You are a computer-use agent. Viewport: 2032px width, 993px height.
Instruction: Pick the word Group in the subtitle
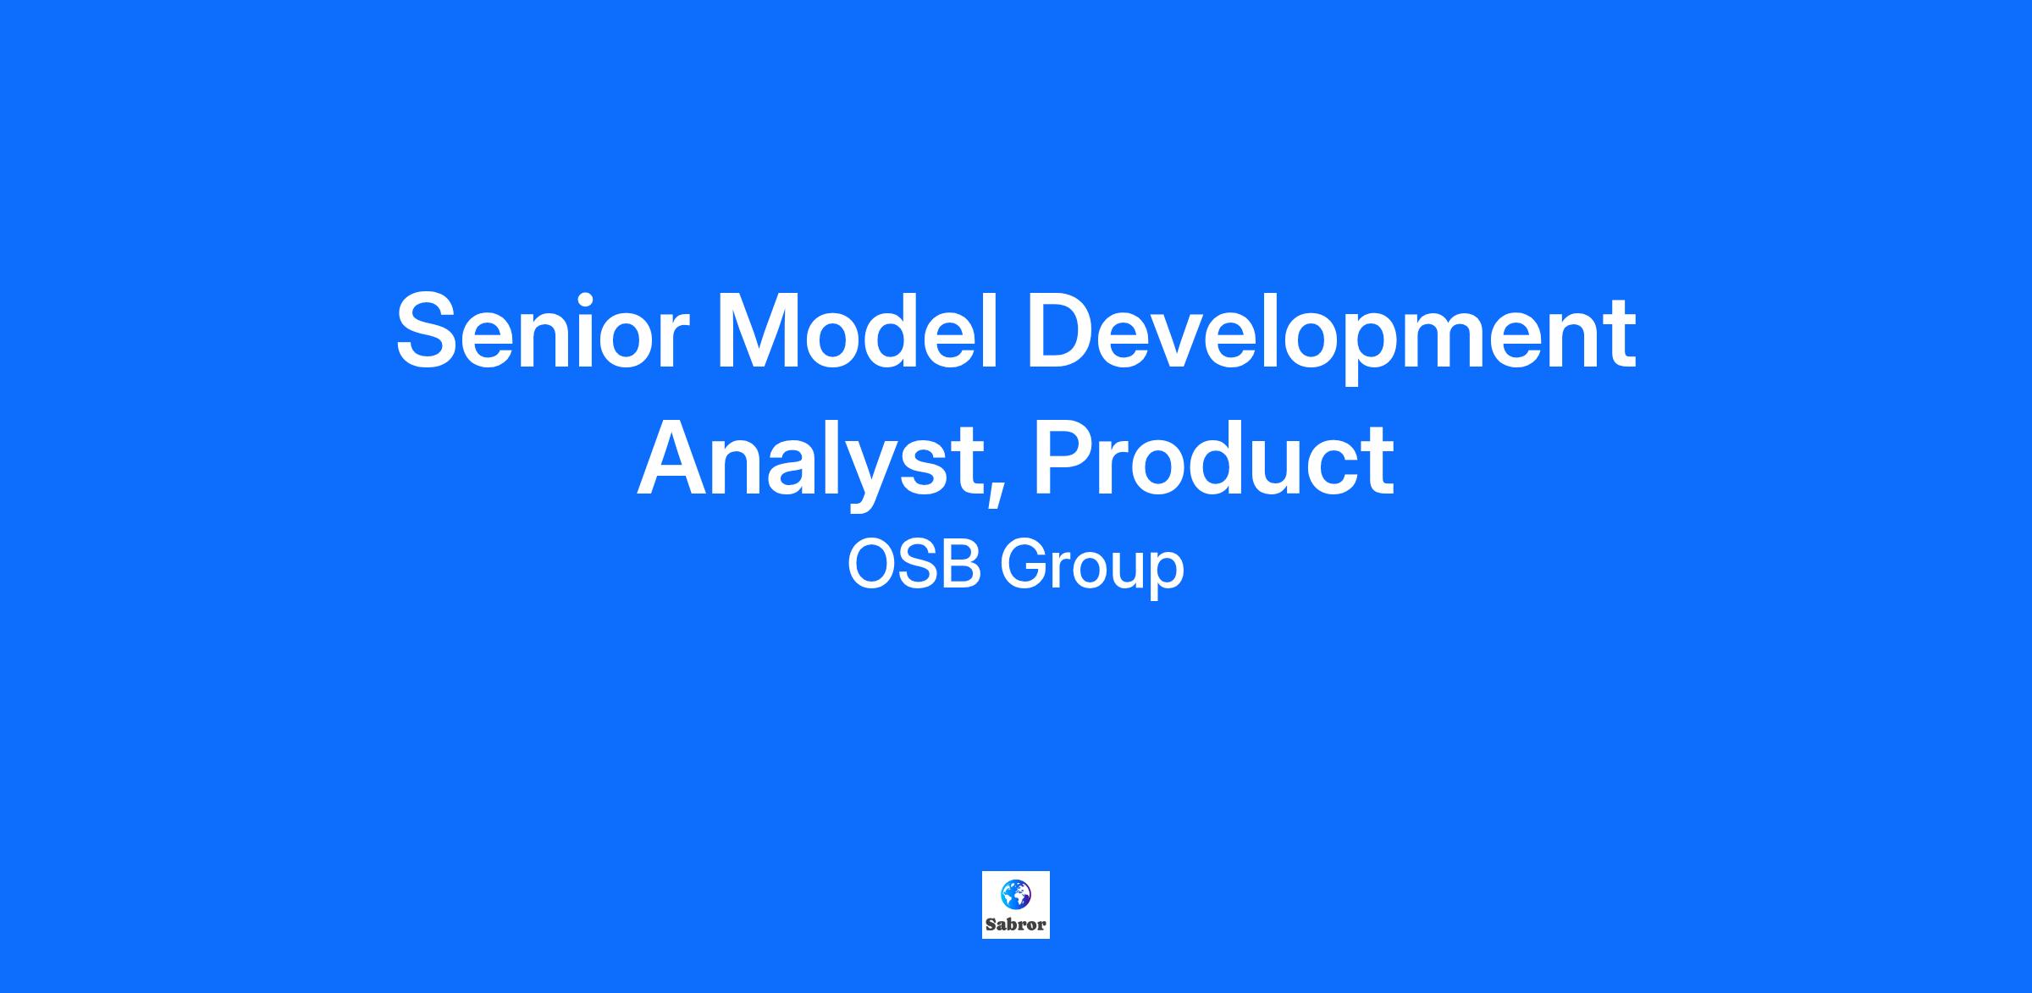[1091, 571]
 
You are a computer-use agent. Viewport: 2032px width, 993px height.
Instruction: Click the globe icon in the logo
[1015, 894]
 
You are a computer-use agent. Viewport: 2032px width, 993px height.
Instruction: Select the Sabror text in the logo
[1016, 924]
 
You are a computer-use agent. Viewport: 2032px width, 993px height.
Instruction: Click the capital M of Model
[758, 331]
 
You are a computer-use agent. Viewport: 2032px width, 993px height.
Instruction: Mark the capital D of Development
[1065, 331]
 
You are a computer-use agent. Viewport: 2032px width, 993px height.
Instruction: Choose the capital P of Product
[1066, 458]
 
